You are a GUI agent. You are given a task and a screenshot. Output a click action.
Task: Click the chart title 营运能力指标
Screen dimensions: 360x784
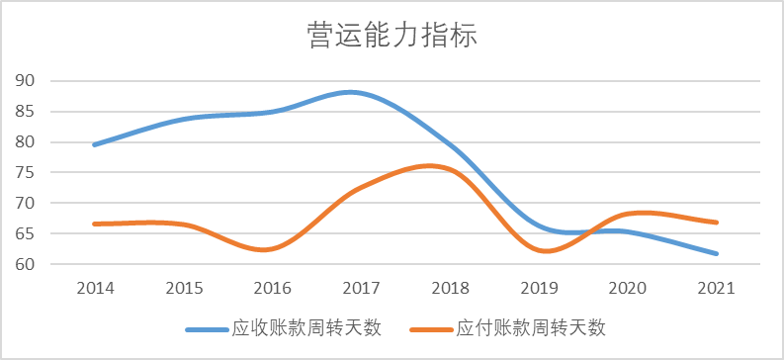(392, 38)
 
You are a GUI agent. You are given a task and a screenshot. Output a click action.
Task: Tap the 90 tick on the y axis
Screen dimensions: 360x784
(26, 81)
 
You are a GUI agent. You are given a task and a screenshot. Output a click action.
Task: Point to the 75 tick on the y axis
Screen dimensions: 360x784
(26, 173)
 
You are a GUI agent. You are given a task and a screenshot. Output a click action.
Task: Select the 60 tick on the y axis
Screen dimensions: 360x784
(26, 265)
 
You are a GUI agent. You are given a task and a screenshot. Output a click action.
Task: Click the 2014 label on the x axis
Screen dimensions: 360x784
(96, 288)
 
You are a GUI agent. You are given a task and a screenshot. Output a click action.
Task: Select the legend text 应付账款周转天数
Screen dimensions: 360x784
(531, 327)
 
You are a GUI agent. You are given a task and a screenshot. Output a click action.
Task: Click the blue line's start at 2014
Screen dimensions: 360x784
(95, 144)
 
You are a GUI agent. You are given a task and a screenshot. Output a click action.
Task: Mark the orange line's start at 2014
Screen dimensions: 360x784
(95, 224)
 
